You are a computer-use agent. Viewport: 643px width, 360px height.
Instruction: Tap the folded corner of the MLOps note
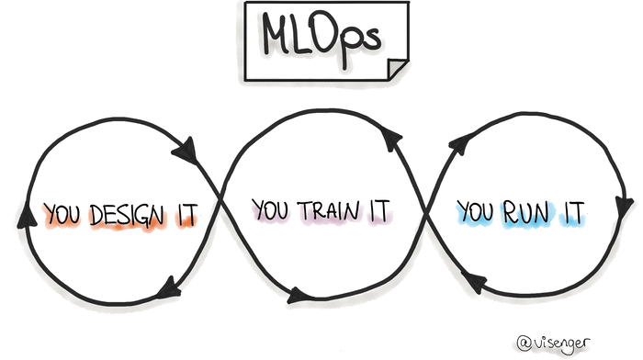click(x=398, y=70)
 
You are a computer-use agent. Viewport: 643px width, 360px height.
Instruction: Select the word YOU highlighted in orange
click(x=64, y=215)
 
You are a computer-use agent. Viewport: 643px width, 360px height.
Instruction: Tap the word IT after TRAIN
click(x=380, y=211)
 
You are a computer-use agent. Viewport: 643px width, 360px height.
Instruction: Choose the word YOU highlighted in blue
click(x=476, y=213)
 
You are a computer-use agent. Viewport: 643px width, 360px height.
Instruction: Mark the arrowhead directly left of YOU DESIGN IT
click(x=26, y=213)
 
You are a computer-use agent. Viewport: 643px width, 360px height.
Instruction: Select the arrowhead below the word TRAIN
click(x=299, y=296)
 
